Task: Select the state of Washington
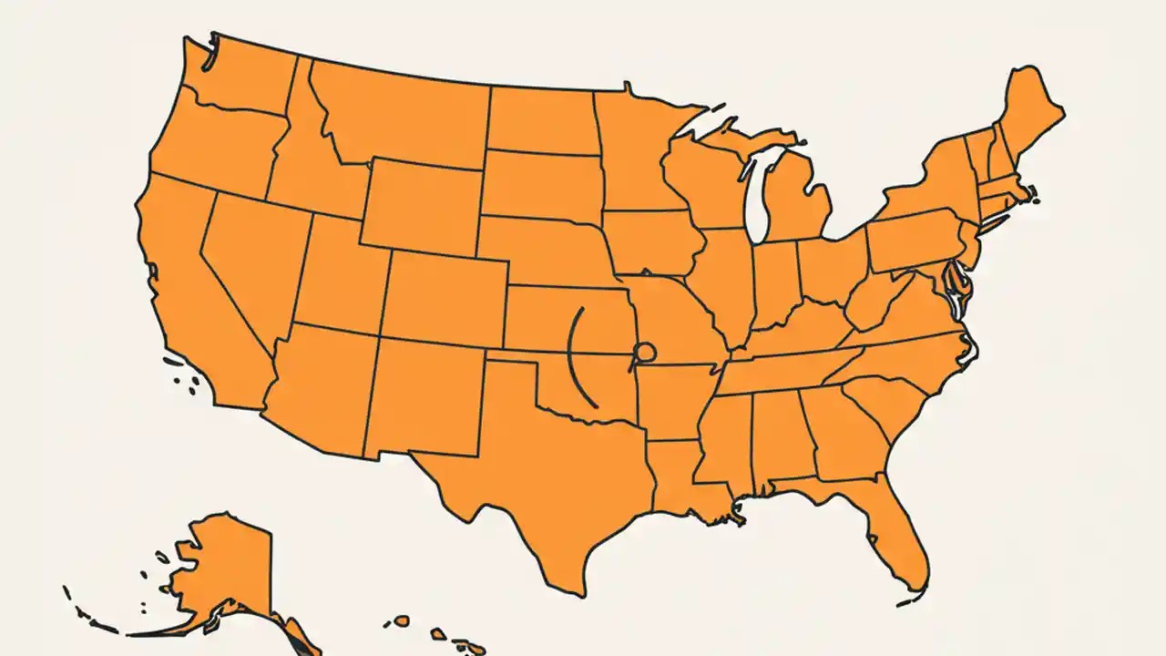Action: pos(239,77)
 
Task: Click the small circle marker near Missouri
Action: pos(645,351)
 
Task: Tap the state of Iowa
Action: pos(651,241)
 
